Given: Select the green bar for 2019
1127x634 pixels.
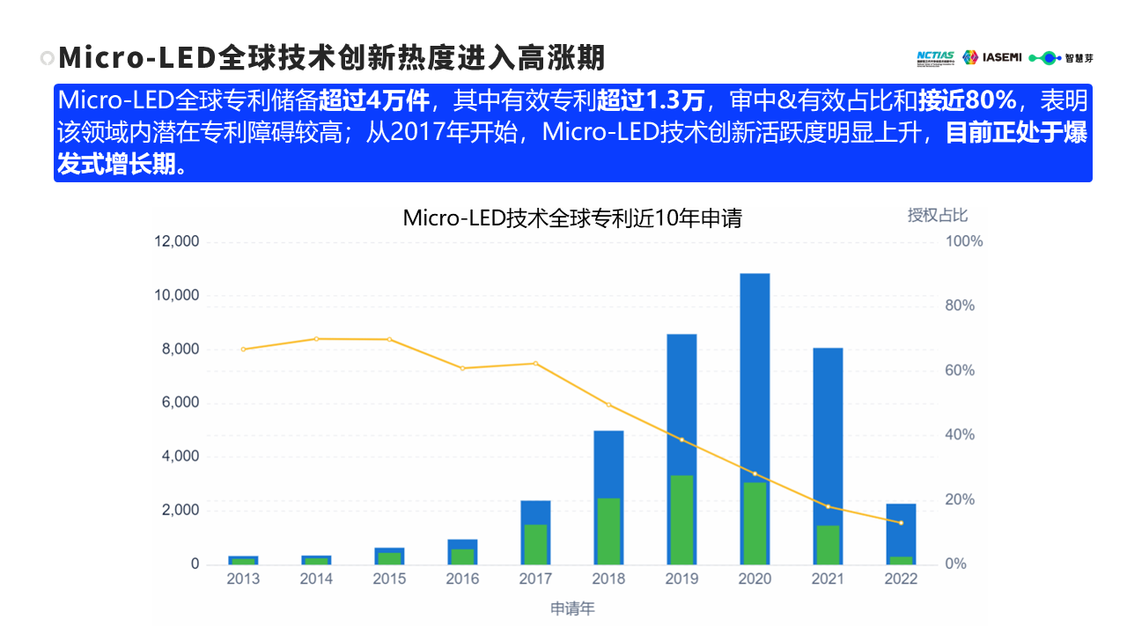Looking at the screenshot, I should coord(681,520).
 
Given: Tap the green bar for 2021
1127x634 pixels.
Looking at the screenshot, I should coord(828,544).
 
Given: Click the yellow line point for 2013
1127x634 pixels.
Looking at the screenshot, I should coord(243,350).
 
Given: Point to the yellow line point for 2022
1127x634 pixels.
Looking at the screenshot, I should coord(901,523).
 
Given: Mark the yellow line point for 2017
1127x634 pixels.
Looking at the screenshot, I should coord(535,364).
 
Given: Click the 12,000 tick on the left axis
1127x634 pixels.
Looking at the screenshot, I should coord(176,241).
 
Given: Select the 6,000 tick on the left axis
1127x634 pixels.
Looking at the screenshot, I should coord(180,403).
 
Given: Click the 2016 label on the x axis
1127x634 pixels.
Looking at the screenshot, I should coord(462,579).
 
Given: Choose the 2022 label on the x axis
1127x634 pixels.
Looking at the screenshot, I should coord(901,579).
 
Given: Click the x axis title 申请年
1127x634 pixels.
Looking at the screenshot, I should coord(572,608).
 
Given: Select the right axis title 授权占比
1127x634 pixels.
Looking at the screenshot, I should coord(938,215).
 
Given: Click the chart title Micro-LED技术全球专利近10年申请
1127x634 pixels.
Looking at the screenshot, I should coord(572,218).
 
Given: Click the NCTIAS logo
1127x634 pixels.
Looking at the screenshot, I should coord(935,57).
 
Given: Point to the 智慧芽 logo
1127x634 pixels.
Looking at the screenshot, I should coord(1062,58).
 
